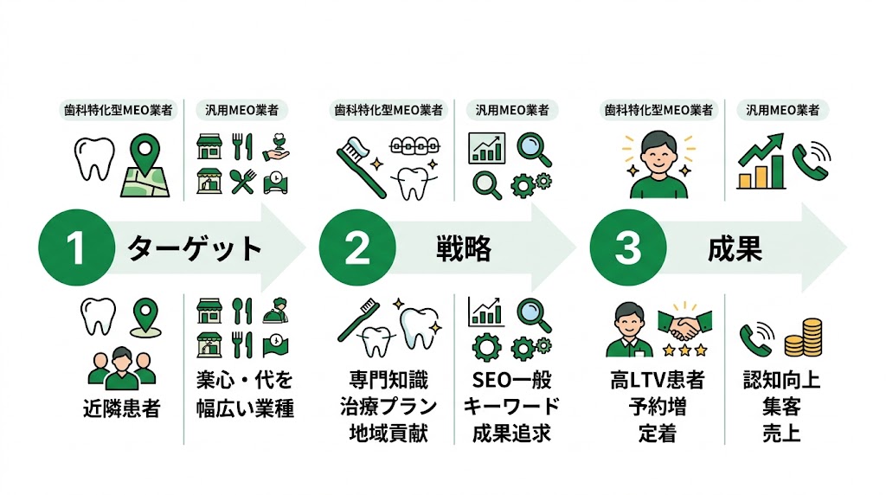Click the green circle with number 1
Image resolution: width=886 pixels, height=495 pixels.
(75, 249)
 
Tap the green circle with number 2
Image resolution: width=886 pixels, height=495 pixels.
(356, 249)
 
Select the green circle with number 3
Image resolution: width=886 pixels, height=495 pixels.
(627, 249)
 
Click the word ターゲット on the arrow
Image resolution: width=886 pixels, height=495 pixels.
(194, 249)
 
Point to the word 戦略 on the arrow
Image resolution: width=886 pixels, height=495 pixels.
(463, 249)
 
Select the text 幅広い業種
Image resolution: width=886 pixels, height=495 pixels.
(244, 408)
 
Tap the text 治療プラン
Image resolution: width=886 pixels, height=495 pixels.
(392, 406)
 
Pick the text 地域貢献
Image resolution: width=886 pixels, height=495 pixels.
(392, 433)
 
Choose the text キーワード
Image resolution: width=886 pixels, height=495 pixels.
(510, 406)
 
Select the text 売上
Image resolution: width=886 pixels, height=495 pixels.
(782, 433)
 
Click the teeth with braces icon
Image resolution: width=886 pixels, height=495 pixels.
(409, 146)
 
